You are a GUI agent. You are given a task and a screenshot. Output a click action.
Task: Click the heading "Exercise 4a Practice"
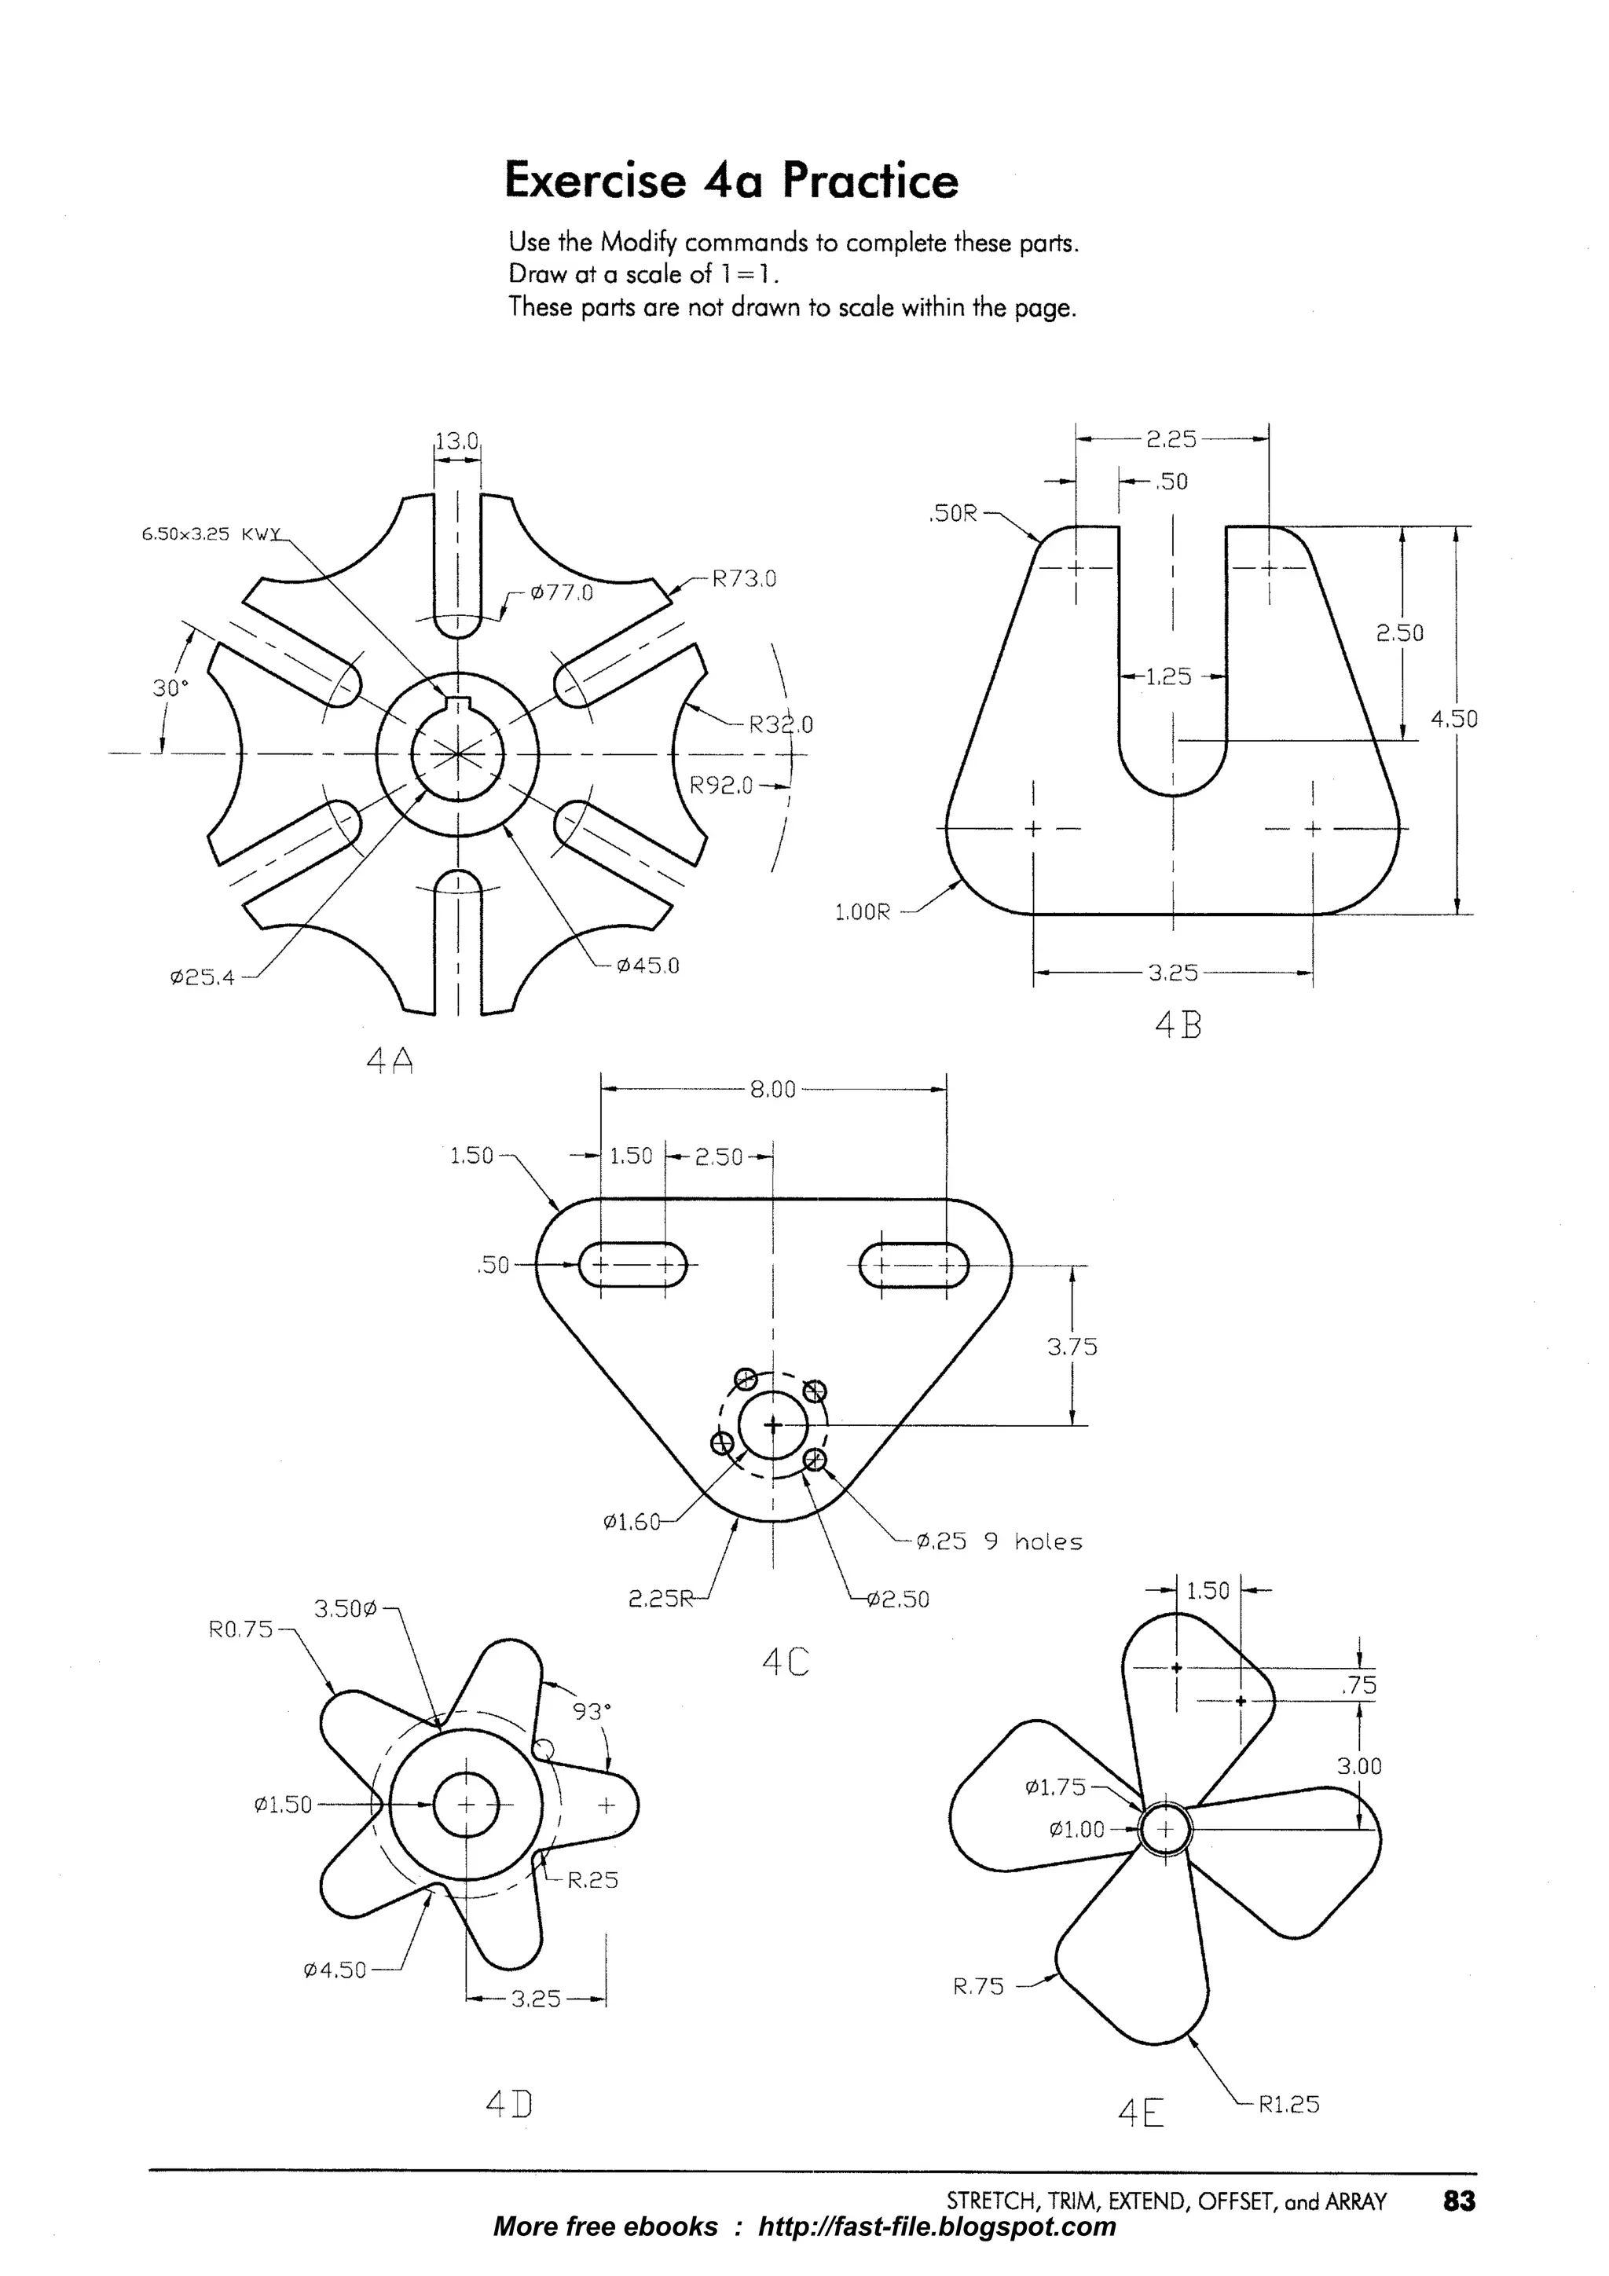(x=731, y=181)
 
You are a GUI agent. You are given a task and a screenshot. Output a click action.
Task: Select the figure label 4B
(x=1178, y=1025)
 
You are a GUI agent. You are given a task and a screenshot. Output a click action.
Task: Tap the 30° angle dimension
(x=170, y=688)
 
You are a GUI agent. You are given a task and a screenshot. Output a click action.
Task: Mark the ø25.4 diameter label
(x=202, y=977)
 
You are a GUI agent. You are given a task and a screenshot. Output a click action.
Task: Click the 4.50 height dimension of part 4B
(x=1454, y=720)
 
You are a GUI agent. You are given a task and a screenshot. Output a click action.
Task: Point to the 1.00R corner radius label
(x=863, y=911)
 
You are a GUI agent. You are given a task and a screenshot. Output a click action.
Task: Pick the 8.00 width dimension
(x=773, y=1090)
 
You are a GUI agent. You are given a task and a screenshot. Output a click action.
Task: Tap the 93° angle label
(x=592, y=1711)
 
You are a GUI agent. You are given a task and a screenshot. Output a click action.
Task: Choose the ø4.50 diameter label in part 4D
(x=335, y=1970)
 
